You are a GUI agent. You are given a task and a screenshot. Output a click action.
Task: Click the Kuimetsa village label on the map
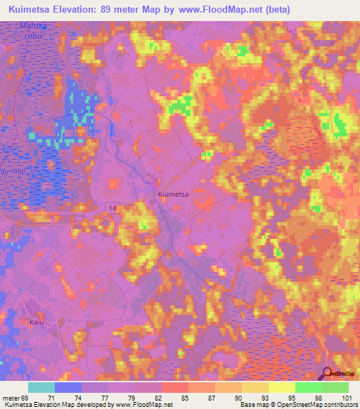(172, 194)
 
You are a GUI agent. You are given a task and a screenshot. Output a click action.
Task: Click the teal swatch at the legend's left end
(41, 387)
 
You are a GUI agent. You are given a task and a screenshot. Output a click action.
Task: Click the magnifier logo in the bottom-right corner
(328, 374)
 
